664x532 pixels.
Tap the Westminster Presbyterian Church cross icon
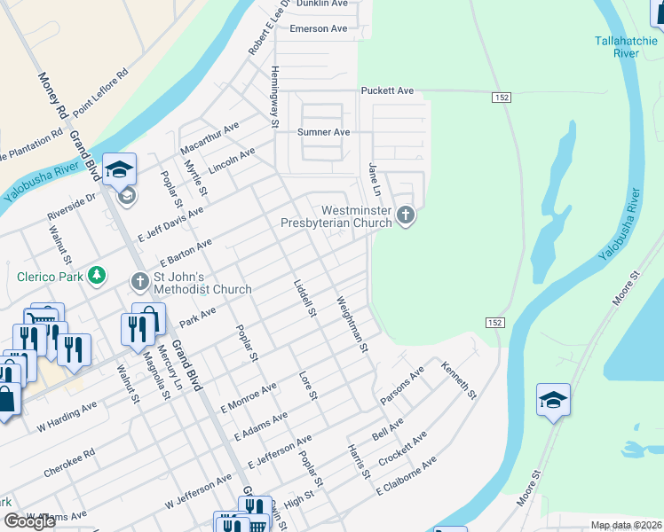click(406, 215)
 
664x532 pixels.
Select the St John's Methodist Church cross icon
click(139, 283)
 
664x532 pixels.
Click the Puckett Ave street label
click(387, 90)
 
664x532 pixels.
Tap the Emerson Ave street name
click(319, 28)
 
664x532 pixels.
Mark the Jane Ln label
click(374, 180)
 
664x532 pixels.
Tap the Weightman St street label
click(352, 325)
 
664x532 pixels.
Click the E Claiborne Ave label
click(407, 476)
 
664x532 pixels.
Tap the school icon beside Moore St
click(553, 400)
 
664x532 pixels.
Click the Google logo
click(29, 521)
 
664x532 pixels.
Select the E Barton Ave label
click(186, 253)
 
